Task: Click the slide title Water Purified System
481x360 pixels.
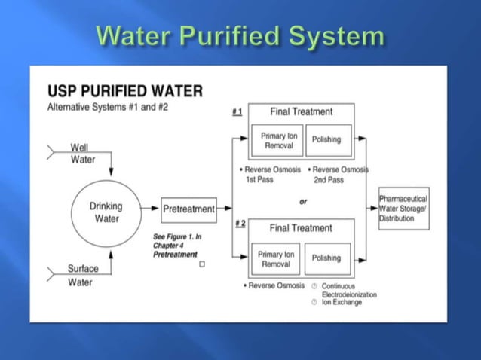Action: pos(240,35)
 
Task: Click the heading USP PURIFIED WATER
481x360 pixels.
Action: pos(124,91)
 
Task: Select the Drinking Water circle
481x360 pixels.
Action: pos(106,212)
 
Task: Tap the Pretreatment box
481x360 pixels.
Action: pos(188,208)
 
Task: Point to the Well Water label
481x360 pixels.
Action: pos(82,154)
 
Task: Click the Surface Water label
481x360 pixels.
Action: pos(82,275)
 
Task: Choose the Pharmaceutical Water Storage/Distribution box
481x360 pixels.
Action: pos(403,208)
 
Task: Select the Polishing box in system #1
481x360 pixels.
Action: pos(326,140)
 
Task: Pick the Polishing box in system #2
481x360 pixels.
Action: pos(326,258)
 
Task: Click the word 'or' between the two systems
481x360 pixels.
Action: pos(303,201)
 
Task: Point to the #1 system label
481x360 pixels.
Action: pos(237,111)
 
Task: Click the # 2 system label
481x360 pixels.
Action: pos(240,223)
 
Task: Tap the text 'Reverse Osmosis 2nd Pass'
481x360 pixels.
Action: pos(339,175)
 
